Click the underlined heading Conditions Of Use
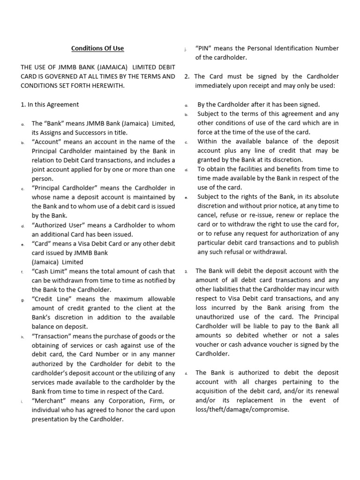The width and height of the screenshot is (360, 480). pos(97,48)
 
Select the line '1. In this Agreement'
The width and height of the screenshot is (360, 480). pos(50,105)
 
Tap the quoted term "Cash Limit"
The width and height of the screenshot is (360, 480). pos(50,271)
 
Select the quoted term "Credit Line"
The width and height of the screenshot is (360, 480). pos(51,299)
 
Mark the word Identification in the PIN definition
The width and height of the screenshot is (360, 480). pos(303,48)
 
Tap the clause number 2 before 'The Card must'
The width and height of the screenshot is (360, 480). pos(187,76)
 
